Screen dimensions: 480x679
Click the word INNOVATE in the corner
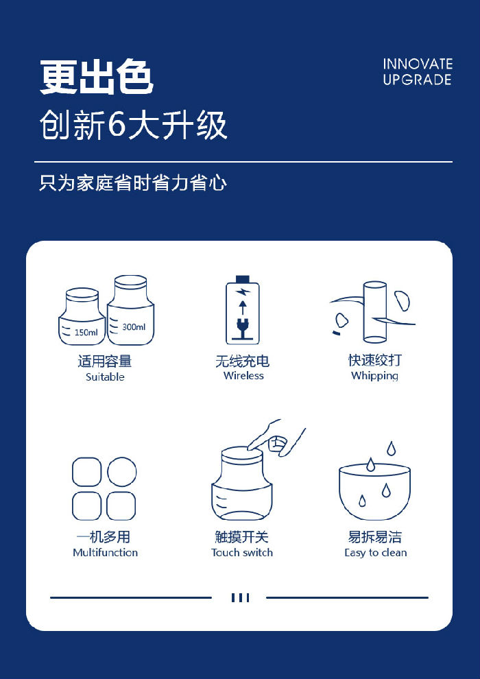click(418, 64)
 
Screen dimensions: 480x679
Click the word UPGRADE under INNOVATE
click(417, 80)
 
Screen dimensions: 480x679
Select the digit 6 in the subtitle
click(116, 125)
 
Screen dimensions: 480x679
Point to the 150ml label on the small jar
click(86, 333)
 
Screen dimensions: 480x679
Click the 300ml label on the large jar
click(134, 327)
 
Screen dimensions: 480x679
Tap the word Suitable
click(105, 377)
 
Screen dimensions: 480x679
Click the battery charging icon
click(242, 310)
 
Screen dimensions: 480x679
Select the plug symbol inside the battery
click(242, 330)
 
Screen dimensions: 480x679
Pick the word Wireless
click(243, 375)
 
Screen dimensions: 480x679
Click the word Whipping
click(375, 376)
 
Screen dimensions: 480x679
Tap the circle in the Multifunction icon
click(122, 472)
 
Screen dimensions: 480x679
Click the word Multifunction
click(105, 553)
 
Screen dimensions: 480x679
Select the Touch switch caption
click(242, 553)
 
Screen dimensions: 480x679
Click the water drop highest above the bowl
click(392, 448)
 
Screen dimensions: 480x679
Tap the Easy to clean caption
click(376, 553)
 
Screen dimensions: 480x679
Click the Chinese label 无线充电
click(242, 361)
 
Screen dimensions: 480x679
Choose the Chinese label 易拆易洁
click(375, 537)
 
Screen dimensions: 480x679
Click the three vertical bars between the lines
click(240, 597)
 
